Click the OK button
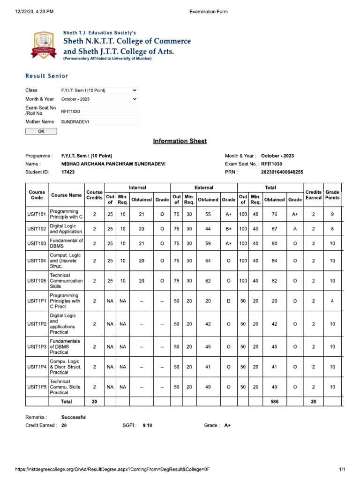(41, 131)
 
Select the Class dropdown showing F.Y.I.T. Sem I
(99, 90)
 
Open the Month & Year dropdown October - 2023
(99, 99)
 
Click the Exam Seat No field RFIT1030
(99, 111)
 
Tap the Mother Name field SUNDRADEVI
(99, 122)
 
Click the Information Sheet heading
(180, 141)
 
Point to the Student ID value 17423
(68, 172)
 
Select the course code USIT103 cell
(37, 243)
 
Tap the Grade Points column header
(332, 195)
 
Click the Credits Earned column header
(314, 195)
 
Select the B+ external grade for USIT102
(228, 229)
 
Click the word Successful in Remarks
(74, 417)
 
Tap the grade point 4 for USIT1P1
(332, 301)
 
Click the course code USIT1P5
(37, 387)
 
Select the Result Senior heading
(46, 76)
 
